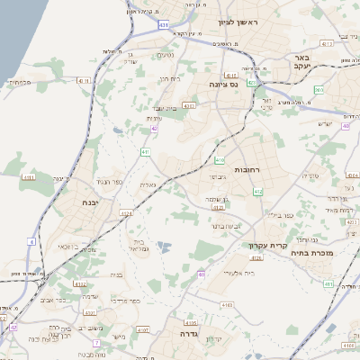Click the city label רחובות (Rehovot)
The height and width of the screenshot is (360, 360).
click(x=246, y=169)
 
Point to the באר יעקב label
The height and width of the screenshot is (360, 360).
click(x=301, y=60)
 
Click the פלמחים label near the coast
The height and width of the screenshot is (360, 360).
click(x=21, y=82)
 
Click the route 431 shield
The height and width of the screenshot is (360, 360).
click(x=163, y=26)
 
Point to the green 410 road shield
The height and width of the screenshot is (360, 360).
click(x=220, y=160)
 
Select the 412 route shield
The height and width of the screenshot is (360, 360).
click(x=258, y=192)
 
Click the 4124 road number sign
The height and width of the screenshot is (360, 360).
click(x=126, y=213)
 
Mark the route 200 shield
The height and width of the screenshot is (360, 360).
click(x=319, y=90)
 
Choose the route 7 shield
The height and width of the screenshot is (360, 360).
click(x=95, y=343)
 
